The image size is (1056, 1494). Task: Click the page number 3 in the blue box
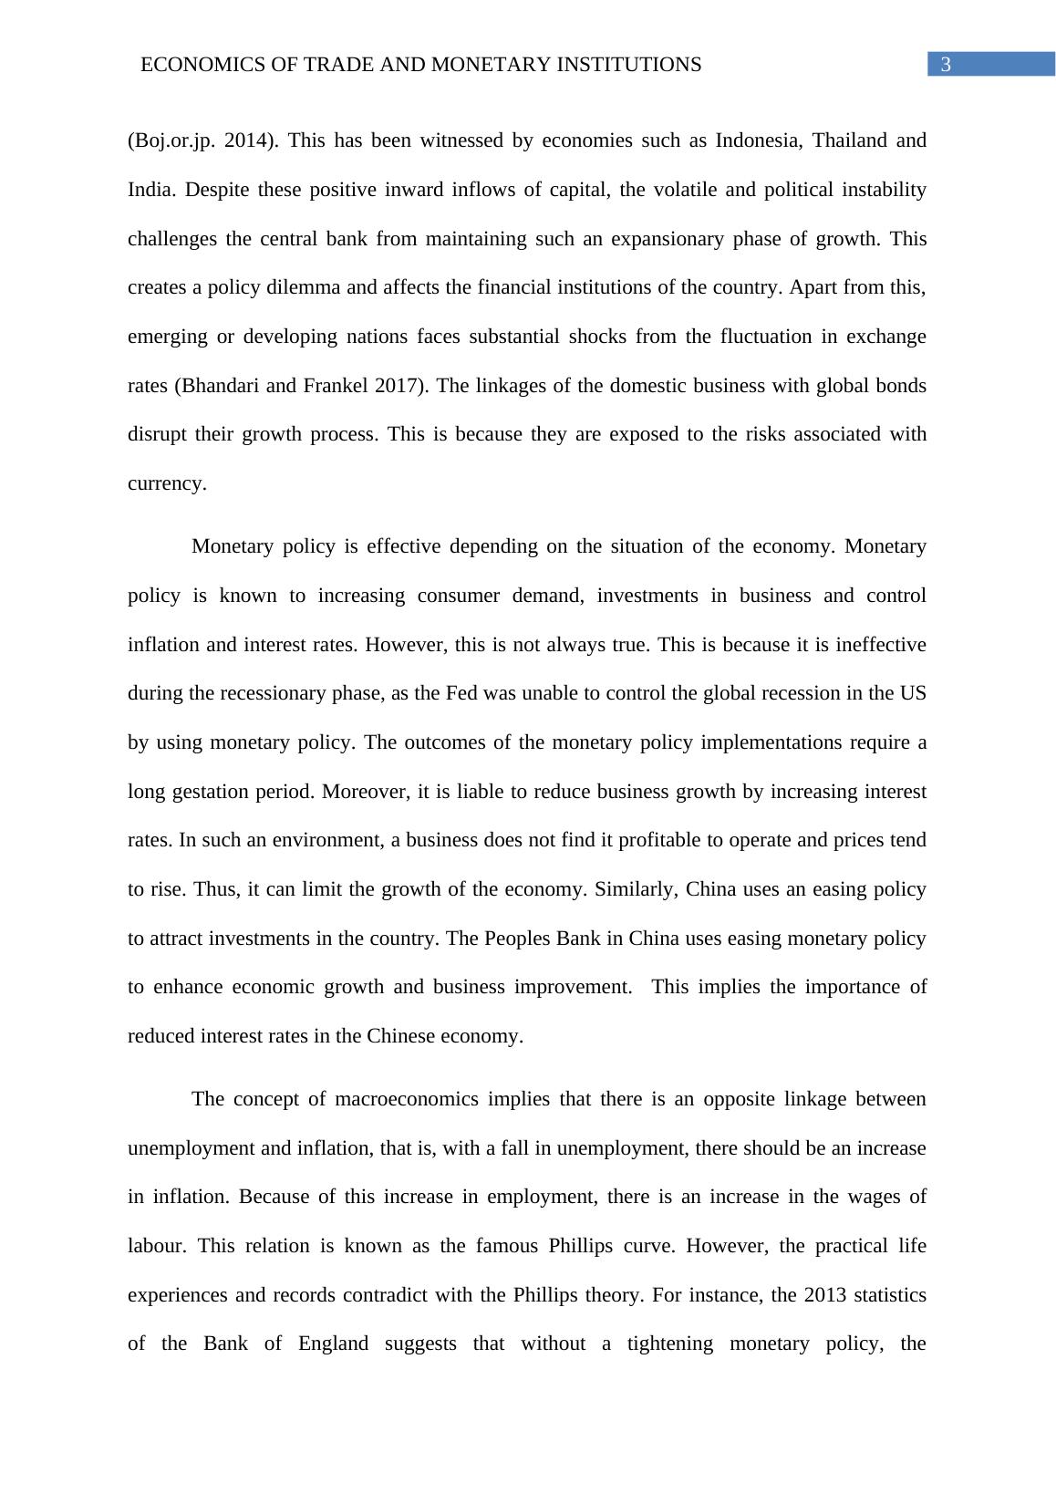[x=946, y=65]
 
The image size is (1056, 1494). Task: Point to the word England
[x=334, y=1344]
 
